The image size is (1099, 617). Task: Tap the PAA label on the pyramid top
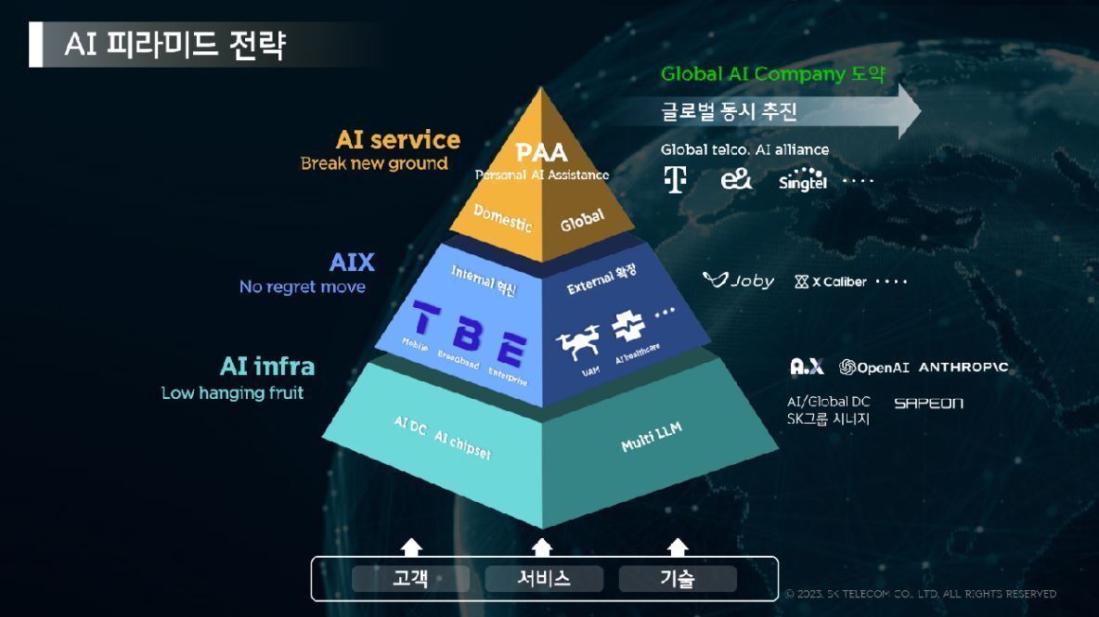541,152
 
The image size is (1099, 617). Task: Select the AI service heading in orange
397,140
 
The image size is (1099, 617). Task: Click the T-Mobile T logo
676,179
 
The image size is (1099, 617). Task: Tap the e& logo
736,179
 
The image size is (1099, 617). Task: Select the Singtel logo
803,179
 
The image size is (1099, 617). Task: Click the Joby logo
739,280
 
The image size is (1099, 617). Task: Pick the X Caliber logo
831,281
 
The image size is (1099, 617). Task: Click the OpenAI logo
873,367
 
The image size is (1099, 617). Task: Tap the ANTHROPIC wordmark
963,367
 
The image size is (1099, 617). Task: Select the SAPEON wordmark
928,403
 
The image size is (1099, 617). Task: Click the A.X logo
806,367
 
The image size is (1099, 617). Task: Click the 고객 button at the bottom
410,579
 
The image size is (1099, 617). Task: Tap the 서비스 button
544,579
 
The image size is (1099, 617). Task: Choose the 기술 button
678,579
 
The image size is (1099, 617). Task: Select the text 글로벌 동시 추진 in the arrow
730,112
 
